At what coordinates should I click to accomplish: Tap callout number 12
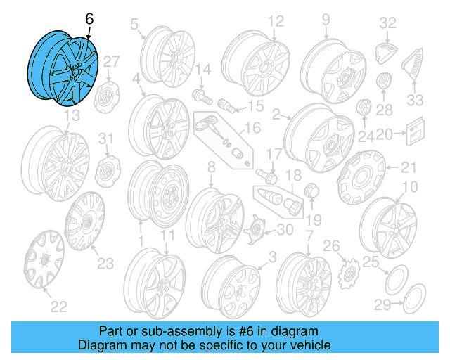[x=274, y=20]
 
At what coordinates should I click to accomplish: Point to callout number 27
[x=112, y=62]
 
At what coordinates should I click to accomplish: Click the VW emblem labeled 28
[x=384, y=81]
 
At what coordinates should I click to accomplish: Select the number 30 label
[x=285, y=229]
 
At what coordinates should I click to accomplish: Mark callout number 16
[x=252, y=128]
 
